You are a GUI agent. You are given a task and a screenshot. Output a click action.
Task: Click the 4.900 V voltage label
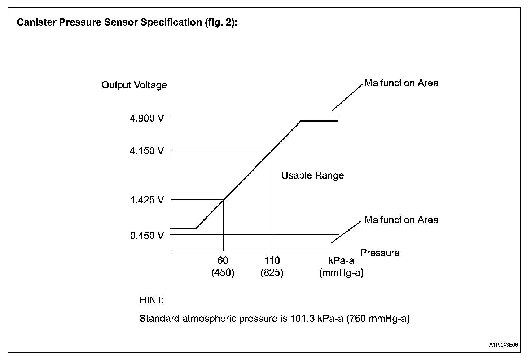(147, 118)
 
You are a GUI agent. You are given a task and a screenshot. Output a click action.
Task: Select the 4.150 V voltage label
(147, 150)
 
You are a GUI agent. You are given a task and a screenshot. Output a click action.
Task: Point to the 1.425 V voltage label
(147, 200)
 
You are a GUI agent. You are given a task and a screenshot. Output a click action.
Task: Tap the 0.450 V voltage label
(147, 236)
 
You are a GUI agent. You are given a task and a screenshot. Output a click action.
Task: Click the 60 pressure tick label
(223, 260)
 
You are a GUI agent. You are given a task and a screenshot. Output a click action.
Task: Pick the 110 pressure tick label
(272, 260)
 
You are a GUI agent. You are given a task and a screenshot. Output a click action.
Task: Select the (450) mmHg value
(223, 273)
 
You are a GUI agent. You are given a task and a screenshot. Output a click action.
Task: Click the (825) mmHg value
(272, 273)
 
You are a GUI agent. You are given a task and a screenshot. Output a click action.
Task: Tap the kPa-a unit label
(341, 260)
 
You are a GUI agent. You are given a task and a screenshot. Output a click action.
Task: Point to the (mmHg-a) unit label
(341, 273)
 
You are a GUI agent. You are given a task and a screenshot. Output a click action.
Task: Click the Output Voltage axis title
(134, 85)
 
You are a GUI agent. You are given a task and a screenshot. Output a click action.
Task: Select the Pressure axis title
(380, 253)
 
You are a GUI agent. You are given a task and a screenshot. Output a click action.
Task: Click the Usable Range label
(312, 176)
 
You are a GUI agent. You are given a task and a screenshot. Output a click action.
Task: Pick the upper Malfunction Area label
(401, 83)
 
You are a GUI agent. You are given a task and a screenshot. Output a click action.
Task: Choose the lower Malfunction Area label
(401, 220)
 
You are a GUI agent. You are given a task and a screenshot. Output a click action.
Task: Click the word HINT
(152, 300)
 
